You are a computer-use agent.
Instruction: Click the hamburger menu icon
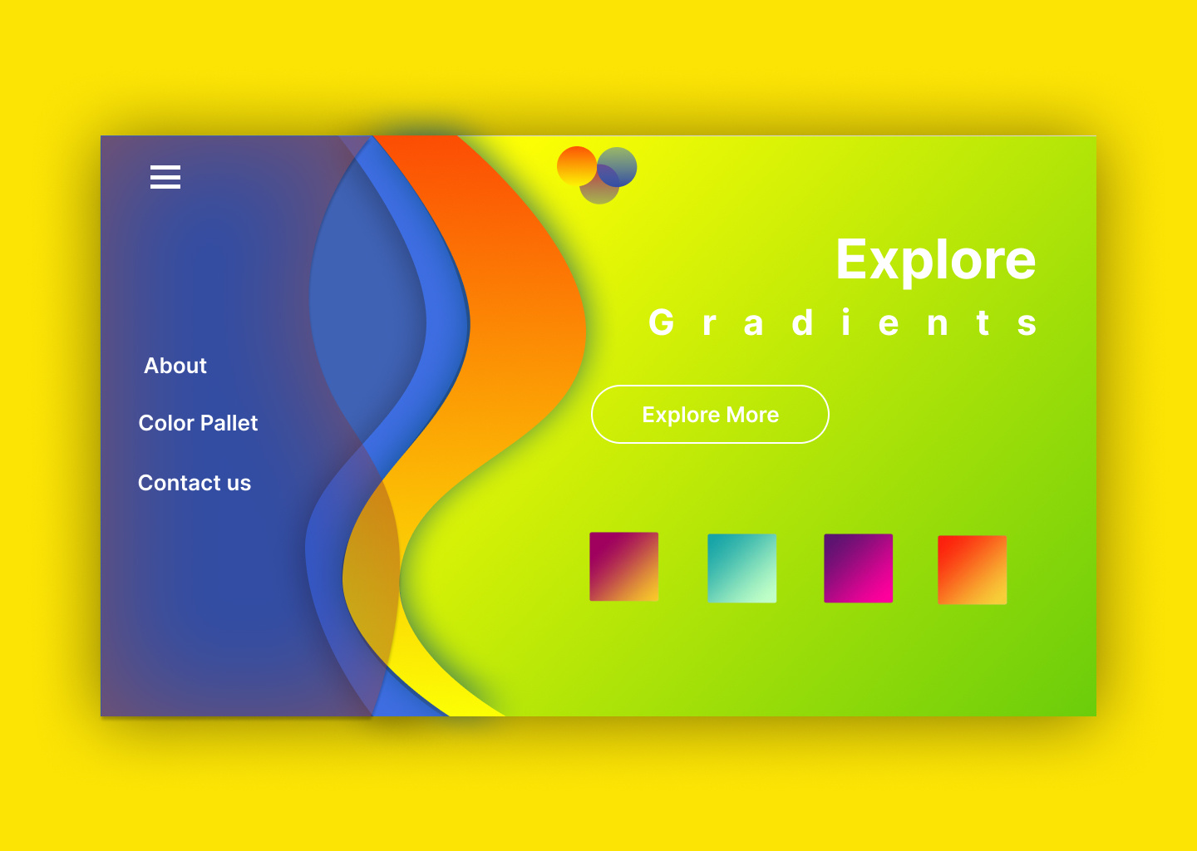[165, 177]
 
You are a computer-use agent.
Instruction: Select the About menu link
[175, 366]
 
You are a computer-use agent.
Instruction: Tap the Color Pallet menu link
[198, 423]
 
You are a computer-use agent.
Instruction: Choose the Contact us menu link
[195, 483]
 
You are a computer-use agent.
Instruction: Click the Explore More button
[710, 415]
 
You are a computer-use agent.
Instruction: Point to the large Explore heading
[935, 260]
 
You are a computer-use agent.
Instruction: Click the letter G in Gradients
[662, 322]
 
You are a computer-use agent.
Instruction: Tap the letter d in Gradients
[802, 322]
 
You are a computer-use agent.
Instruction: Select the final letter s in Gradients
[1027, 324]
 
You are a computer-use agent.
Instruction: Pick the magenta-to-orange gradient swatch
[623, 567]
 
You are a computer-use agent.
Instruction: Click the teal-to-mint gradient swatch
[741, 568]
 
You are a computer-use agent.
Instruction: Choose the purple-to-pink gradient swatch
[858, 568]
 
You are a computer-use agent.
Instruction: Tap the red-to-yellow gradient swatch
[972, 570]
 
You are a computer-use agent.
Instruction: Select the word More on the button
[752, 415]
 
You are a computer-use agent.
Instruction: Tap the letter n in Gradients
[938, 324]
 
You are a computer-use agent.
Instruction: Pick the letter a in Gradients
[753, 324]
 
